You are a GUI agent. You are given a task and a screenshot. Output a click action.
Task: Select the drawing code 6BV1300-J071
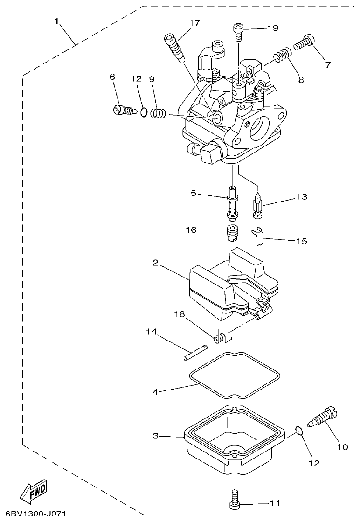[x=33, y=514]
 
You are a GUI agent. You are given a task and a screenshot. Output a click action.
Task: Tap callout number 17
[x=194, y=23]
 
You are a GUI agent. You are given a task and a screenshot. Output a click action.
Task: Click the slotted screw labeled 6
[x=124, y=110]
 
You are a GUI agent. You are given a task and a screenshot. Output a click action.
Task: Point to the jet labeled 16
[x=232, y=232]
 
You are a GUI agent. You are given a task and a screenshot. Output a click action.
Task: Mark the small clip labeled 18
[x=220, y=337]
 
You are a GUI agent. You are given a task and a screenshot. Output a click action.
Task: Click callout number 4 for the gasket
[x=155, y=391]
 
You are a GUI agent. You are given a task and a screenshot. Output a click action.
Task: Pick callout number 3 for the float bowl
[x=155, y=436]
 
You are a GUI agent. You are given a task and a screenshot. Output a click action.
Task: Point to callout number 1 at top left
[x=56, y=21]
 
